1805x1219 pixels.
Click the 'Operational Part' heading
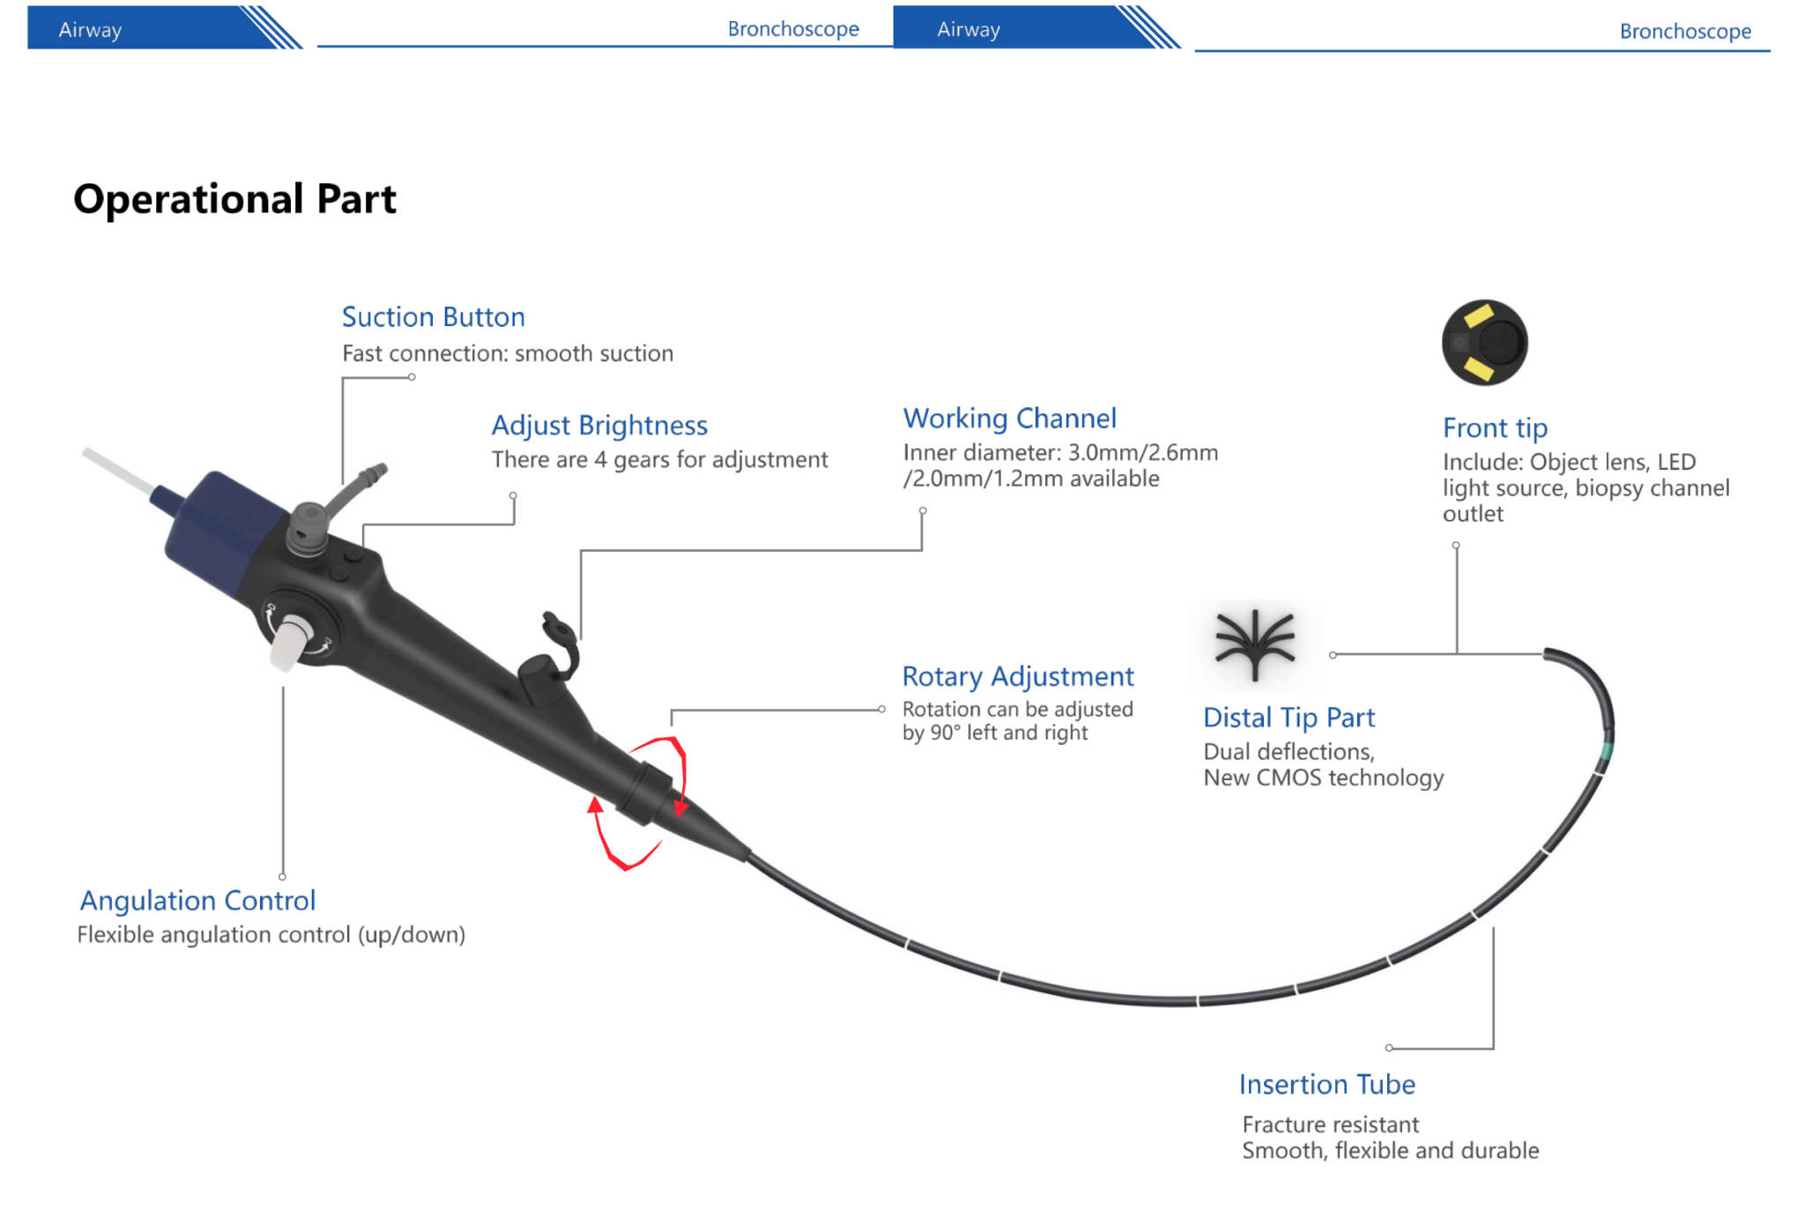coord(234,199)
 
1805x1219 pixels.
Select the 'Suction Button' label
coord(433,317)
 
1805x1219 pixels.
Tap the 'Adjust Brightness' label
coord(599,426)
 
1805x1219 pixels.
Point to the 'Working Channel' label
coord(1009,419)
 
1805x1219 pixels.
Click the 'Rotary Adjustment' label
coord(1017,677)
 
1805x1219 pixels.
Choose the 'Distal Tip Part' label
coord(1289,718)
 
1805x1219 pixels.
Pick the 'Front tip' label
coord(1495,428)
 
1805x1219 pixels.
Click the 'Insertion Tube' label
coord(1326,1085)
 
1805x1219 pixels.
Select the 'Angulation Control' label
coord(197,901)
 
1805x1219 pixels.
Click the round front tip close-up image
coord(1484,343)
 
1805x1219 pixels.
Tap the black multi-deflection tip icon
coord(1255,644)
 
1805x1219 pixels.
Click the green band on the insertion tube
coord(1606,751)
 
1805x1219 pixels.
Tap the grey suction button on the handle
coord(308,525)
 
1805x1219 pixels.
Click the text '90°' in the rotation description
coord(945,733)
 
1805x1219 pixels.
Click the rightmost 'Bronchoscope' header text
coord(1684,32)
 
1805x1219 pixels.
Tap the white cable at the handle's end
coord(119,470)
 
